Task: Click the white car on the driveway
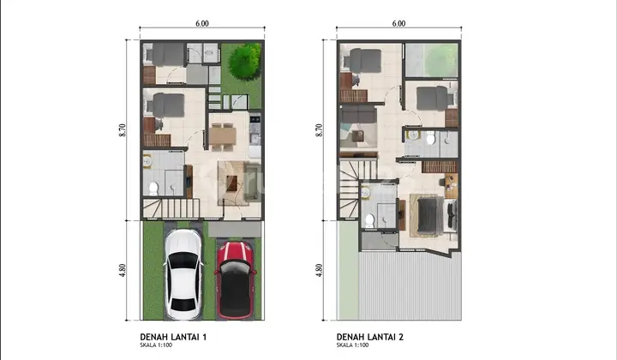tap(183, 274)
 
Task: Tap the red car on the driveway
tap(235, 280)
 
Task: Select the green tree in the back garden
tap(244, 62)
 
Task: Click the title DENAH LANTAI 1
tap(173, 337)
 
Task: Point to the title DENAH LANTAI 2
tap(370, 337)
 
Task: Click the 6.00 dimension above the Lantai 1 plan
tap(202, 24)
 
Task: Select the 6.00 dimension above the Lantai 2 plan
tap(398, 24)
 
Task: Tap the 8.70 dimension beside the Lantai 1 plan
tap(122, 130)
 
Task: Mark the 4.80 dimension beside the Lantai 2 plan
tap(319, 270)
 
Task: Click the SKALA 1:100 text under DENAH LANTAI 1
tap(156, 345)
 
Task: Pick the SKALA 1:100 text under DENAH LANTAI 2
tap(352, 345)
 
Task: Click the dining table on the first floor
tap(222, 136)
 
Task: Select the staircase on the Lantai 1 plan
tap(171, 208)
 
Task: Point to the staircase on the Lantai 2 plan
tap(350, 188)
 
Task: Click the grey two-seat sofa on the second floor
tap(357, 115)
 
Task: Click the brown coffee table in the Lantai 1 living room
tap(231, 183)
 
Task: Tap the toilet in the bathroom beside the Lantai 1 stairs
tap(153, 189)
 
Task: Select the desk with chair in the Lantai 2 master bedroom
tap(449, 185)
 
